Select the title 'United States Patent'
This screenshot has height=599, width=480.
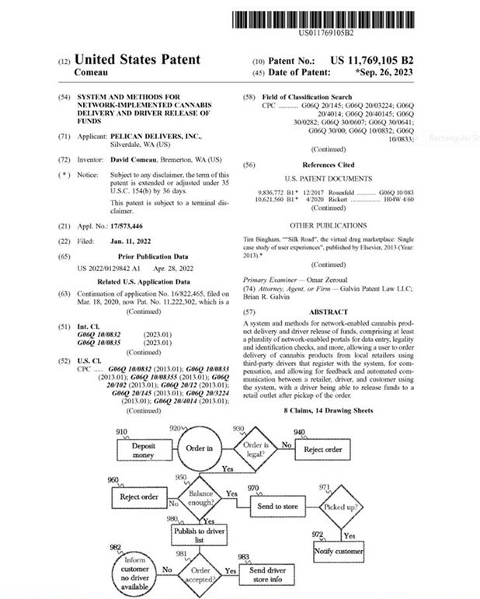(137, 60)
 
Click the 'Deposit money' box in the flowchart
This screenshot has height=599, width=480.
(143, 449)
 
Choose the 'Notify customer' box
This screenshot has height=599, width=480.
(339, 551)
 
